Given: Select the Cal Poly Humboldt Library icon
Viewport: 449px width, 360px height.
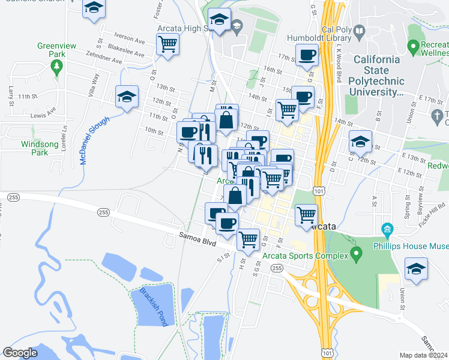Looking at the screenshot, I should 359,31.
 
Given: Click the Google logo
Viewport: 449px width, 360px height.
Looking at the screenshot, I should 20,353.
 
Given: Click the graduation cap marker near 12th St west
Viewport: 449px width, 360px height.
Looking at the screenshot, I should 127,97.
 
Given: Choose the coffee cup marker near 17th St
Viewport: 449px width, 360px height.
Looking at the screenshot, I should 307,55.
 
